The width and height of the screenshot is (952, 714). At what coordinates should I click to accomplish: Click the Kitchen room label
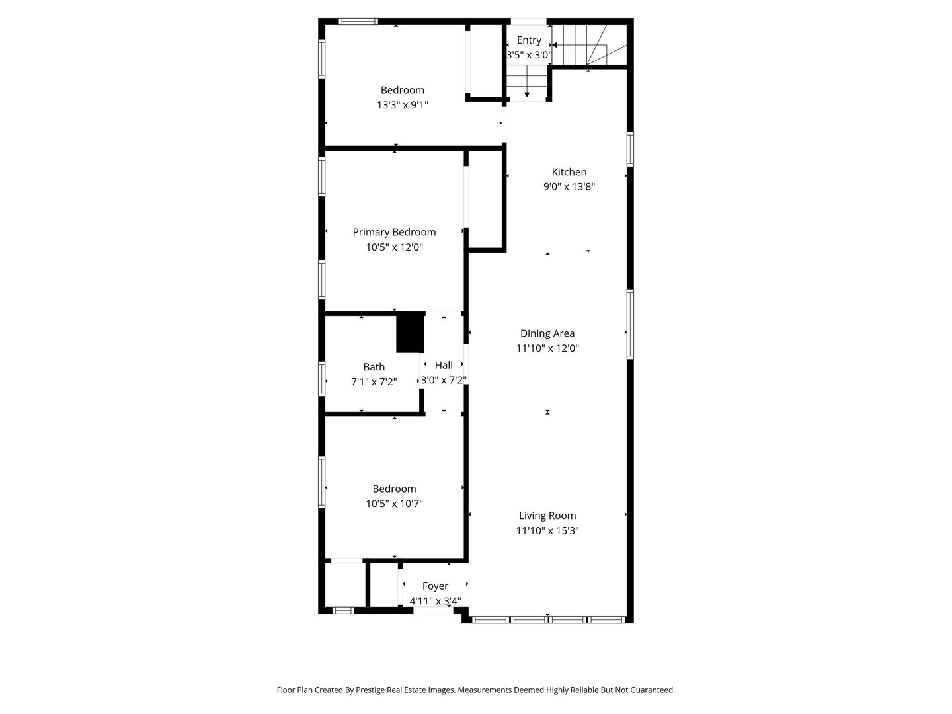click(x=569, y=172)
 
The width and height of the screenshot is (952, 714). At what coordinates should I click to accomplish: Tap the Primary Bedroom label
click(x=394, y=232)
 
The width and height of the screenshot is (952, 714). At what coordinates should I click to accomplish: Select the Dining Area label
click(x=547, y=333)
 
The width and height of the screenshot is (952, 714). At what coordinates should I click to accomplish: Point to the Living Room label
click(x=547, y=516)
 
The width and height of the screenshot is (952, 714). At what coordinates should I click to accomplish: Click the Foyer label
click(x=435, y=586)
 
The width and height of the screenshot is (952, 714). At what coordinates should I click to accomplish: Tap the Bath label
click(x=374, y=367)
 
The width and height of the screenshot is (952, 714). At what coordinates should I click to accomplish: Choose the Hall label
click(x=444, y=365)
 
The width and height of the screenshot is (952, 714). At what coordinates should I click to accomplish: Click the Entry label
click(x=529, y=40)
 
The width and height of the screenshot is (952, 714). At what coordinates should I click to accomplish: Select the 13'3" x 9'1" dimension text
click(x=403, y=104)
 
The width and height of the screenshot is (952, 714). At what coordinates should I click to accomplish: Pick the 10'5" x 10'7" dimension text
click(x=394, y=504)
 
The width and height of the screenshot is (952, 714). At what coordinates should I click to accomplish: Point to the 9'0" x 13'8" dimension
click(x=569, y=186)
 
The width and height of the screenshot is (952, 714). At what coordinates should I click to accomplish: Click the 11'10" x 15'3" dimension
click(x=547, y=530)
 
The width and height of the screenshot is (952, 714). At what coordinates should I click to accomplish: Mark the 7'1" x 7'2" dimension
click(x=374, y=381)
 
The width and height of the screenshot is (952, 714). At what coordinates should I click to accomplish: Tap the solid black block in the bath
click(x=410, y=333)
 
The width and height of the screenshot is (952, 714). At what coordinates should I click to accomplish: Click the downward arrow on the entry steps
click(x=527, y=95)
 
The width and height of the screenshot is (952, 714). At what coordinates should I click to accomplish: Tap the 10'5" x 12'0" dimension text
click(x=394, y=247)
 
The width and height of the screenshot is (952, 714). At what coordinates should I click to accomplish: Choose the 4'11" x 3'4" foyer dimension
click(x=435, y=601)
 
